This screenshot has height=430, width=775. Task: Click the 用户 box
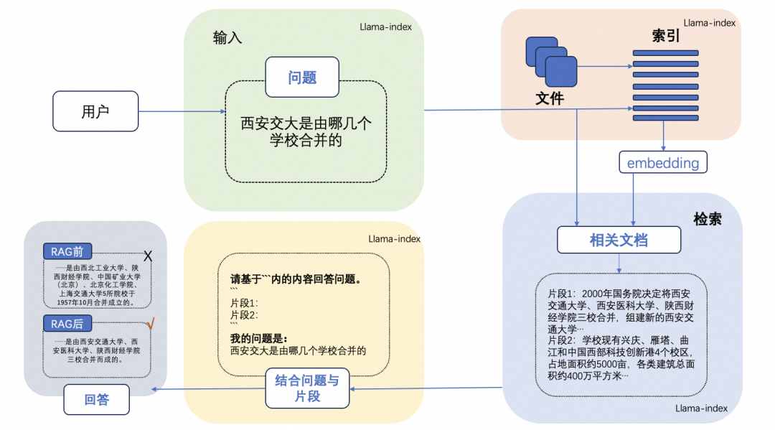pyautogui.click(x=95, y=111)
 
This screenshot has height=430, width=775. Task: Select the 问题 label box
pyautogui.click(x=302, y=78)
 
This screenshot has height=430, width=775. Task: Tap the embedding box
pyautogui.click(x=662, y=163)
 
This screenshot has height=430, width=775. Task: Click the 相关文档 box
pyautogui.click(x=619, y=240)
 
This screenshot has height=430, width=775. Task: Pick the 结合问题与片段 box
pyautogui.click(x=307, y=388)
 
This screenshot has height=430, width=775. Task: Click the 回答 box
pyautogui.click(x=96, y=400)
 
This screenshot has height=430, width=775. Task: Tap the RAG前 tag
pyautogui.click(x=67, y=251)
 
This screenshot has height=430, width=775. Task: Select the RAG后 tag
pyautogui.click(x=67, y=324)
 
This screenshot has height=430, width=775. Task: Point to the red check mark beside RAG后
pyautogui.click(x=149, y=324)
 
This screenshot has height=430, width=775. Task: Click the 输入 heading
pyautogui.click(x=227, y=38)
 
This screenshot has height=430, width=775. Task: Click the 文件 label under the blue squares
pyautogui.click(x=550, y=99)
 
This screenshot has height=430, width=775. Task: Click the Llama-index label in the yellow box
pyautogui.click(x=394, y=238)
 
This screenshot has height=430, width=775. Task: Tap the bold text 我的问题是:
pyautogui.click(x=258, y=338)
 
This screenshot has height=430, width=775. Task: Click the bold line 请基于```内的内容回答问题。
pyautogui.click(x=293, y=279)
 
